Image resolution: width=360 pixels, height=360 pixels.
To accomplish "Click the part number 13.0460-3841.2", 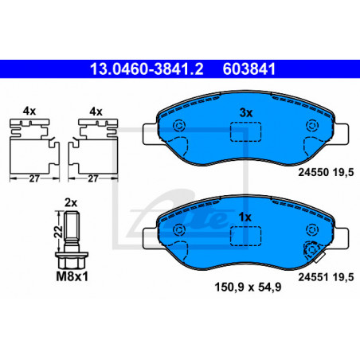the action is click(x=147, y=69).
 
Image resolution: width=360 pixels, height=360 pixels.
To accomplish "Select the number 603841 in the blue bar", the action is click(x=249, y=69).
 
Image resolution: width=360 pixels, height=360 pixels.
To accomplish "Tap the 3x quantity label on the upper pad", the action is click(x=246, y=113).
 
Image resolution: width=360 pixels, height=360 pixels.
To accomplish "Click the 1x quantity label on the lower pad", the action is click(x=245, y=217).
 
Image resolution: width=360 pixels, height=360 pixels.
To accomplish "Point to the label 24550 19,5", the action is click(x=326, y=172).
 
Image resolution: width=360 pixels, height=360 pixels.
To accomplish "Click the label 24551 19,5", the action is click(x=326, y=277).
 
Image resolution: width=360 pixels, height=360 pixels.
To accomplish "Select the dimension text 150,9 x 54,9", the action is click(x=248, y=287).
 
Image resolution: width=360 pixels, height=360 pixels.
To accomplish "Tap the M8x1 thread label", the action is click(x=72, y=276).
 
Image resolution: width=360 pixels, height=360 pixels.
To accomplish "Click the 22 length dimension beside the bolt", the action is click(x=59, y=232).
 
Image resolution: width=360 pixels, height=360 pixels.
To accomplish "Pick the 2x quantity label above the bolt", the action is click(x=71, y=203).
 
